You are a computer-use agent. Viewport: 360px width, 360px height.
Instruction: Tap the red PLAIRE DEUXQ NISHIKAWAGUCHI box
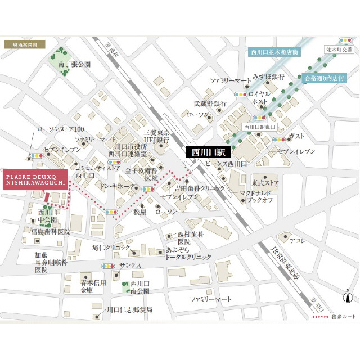35,179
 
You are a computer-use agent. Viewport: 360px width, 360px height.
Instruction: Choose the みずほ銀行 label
268,76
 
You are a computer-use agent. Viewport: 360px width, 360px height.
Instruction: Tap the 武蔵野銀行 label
210,103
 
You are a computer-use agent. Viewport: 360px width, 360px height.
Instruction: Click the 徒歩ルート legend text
344,317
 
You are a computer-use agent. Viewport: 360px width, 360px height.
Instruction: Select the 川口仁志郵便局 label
129,310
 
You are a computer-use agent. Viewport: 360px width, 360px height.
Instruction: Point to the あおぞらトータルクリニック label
188,253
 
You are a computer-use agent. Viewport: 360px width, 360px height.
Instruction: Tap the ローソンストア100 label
60,129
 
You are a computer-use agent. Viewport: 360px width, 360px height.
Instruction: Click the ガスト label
296,137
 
